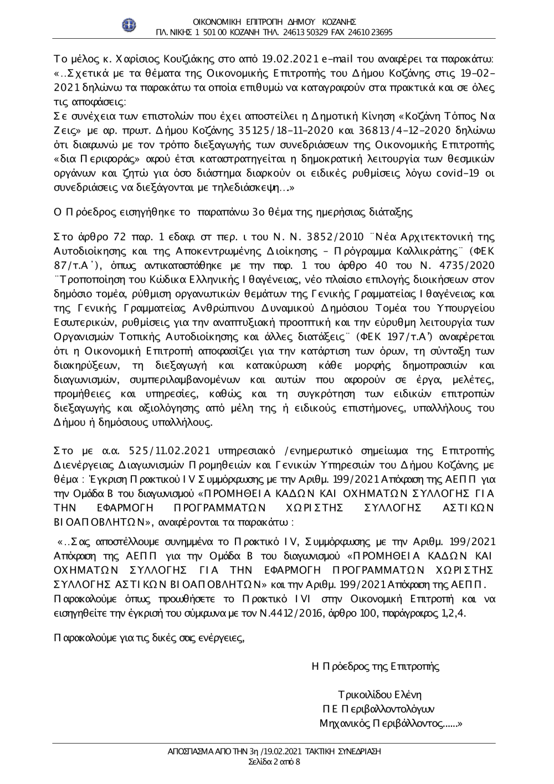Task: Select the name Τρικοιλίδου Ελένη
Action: [x=379, y=694]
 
